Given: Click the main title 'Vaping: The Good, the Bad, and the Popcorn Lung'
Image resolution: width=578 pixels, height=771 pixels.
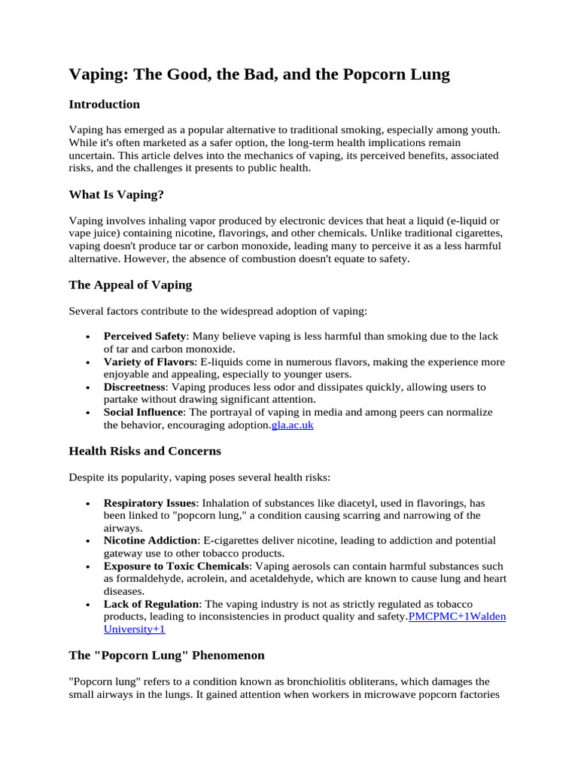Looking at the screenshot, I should (259, 74).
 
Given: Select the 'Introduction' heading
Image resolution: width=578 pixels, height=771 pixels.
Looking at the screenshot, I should (104, 104).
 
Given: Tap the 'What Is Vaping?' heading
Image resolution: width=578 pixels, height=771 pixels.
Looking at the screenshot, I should (116, 195).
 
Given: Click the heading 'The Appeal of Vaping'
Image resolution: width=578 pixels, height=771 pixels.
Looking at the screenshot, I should (130, 285).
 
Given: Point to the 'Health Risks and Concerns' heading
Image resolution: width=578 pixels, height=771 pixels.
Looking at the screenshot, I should (144, 452).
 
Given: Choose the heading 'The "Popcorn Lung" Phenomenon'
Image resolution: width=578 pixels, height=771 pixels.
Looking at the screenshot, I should (166, 656).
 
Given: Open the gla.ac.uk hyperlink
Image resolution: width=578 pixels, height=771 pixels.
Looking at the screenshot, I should (292, 425).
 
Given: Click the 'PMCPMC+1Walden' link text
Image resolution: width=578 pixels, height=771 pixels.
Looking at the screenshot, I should (457, 617).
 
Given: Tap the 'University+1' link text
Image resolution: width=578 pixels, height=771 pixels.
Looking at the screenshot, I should (134, 629).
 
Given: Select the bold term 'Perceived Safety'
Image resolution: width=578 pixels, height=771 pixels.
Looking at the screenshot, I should (144, 337).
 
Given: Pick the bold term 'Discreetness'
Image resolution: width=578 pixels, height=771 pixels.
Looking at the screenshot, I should (135, 387).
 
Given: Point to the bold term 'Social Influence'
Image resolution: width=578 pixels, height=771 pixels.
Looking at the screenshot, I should (143, 413).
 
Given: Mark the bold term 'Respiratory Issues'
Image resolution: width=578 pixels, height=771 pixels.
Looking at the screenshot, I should (150, 503).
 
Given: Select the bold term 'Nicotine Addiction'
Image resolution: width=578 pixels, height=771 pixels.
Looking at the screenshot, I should (151, 541).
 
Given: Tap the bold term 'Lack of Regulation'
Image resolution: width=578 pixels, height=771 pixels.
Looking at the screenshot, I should (152, 605).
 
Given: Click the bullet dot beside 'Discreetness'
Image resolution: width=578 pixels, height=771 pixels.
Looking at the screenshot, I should (90, 388).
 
